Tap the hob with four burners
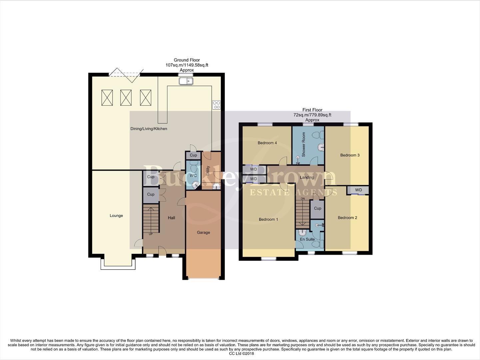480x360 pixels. tap(216, 105)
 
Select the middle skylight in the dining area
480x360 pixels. tap(126, 98)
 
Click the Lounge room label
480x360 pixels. tap(116, 216)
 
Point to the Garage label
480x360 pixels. tap(203, 233)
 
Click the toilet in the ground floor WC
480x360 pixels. tap(193, 166)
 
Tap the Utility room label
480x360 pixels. tap(208, 171)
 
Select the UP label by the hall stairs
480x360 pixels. tap(151, 234)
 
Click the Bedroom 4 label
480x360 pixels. tap(267, 143)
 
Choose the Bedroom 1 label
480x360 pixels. tap(268, 219)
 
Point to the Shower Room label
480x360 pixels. tap(303, 144)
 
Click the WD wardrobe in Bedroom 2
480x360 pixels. tap(358, 190)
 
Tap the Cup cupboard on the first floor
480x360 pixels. tap(317, 208)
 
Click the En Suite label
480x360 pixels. tap(307, 239)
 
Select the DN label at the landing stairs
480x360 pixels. tap(302, 199)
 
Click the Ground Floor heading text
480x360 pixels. tap(187, 60)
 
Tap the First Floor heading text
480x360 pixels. tap(312, 110)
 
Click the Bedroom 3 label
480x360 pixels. tap(350, 155)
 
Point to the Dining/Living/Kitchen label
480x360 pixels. tap(149, 129)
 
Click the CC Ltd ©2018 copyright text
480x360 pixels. tap(241, 354)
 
